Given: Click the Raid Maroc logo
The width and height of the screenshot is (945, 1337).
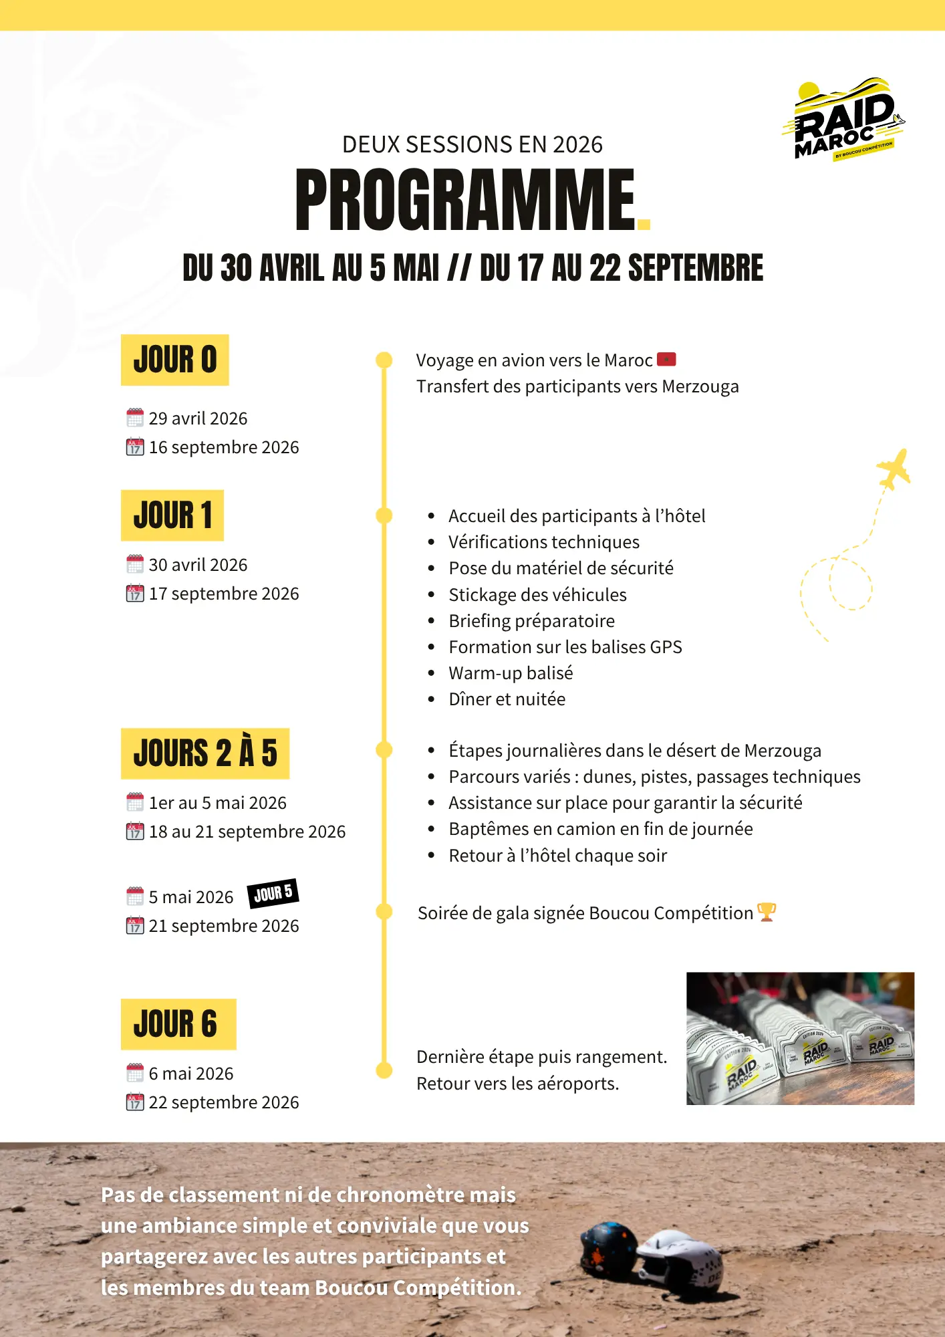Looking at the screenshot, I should coord(843,120).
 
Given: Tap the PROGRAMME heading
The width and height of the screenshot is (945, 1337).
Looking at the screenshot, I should coord(466,199).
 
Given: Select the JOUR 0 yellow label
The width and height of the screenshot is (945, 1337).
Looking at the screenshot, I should coord(175,360).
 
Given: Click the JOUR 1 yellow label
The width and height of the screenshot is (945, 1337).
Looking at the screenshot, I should coord(172,515).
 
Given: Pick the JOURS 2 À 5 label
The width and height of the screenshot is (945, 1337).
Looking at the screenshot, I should coord(205,753).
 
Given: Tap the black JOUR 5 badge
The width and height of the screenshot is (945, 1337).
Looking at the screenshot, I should coord(273,893).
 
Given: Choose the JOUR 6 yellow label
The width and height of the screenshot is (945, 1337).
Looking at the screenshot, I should coord(178,1024).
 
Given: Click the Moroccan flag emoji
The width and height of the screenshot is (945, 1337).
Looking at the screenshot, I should coord(666,360).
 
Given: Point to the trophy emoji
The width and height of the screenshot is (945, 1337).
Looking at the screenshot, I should coord(766,912).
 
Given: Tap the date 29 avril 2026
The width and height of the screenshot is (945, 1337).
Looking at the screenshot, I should coord(198,418).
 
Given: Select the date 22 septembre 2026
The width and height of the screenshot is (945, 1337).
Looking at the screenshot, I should coord(223,1102).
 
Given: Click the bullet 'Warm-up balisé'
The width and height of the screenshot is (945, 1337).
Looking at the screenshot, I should coord(511,673).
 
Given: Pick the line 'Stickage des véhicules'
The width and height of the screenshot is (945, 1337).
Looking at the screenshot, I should coord(537,595).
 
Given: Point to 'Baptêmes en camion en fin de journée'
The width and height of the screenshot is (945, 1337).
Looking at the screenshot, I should coord(600,829).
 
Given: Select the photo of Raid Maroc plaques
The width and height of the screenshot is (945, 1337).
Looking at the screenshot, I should coord(800,1038).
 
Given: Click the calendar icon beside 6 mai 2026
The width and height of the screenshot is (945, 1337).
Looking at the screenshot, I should coord(135,1073).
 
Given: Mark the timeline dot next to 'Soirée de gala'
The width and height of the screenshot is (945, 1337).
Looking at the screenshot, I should coord(384,912).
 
